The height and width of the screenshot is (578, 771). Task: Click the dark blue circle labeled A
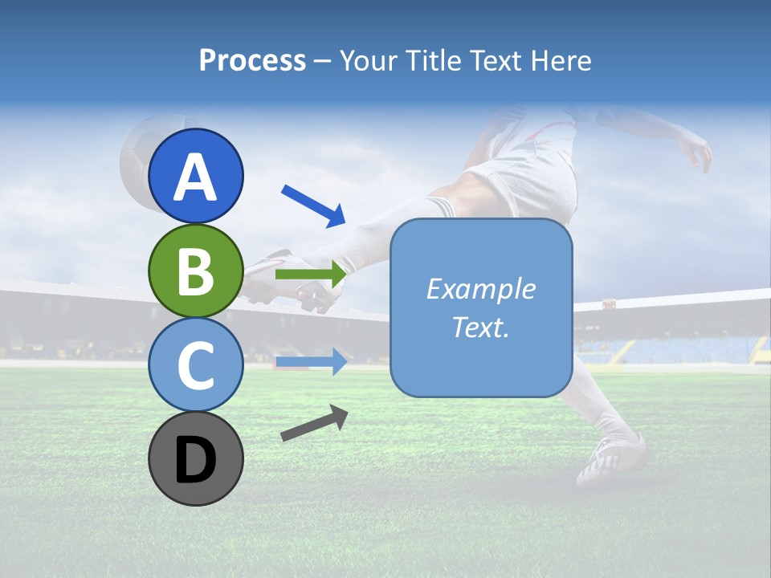196,176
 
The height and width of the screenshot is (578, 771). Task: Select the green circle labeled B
196,271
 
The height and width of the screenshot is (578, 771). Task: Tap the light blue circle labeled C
196,365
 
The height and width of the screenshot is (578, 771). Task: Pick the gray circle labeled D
196,458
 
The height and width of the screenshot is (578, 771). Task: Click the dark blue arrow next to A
313,206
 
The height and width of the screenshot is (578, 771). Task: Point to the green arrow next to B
311,275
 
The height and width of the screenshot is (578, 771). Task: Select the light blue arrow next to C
311,362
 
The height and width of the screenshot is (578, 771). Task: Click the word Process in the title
252,60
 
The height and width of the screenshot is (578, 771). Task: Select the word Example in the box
481,289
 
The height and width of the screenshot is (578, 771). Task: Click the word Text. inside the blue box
481,327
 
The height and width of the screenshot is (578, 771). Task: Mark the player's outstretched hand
697,153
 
